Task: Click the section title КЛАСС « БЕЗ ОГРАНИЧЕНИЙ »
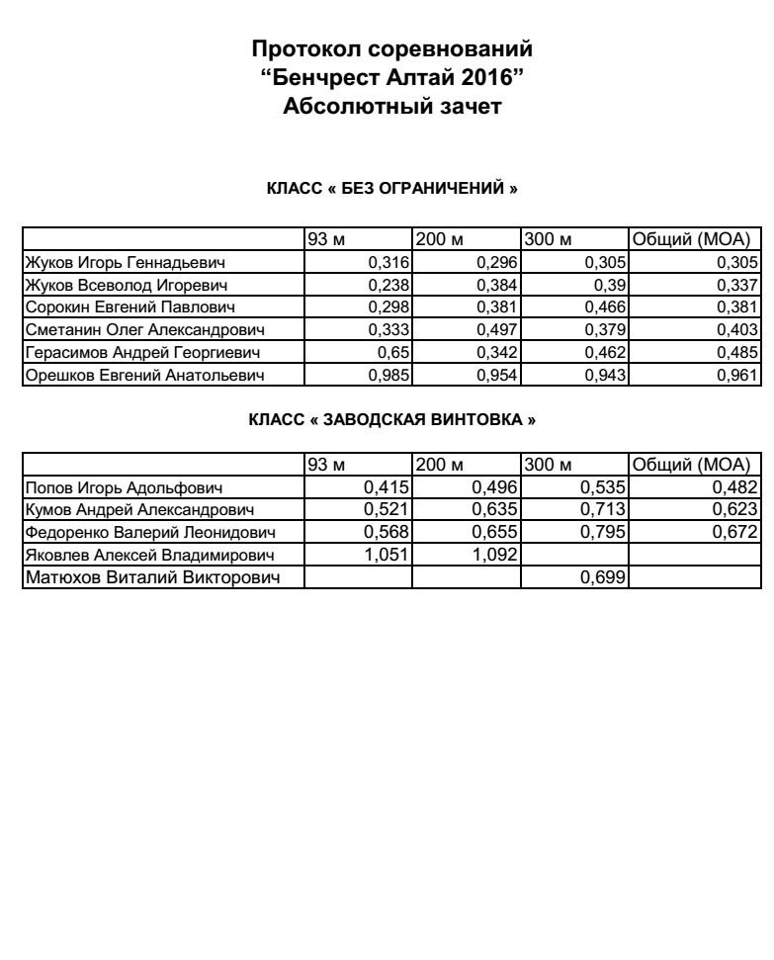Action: click(391, 188)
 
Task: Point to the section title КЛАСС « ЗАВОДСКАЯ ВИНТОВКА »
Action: click(391, 419)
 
